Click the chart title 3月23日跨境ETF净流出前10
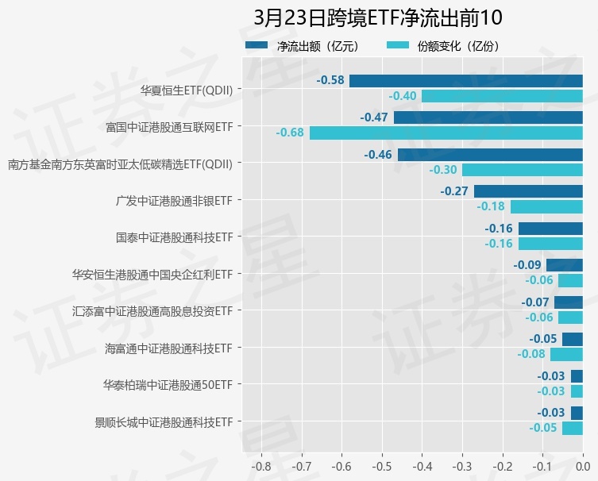[x=378, y=17]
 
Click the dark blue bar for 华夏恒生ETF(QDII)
[x=466, y=80]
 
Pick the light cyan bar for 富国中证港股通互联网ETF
[x=446, y=133]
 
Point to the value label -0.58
[x=330, y=80]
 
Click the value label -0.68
[x=290, y=133]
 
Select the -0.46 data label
[x=378, y=154]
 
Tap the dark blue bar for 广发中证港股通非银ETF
[x=528, y=191]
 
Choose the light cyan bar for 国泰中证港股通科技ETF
[x=550, y=244]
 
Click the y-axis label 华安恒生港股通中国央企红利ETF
[x=152, y=274]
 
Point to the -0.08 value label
[x=531, y=354]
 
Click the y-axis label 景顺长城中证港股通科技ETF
[x=163, y=421]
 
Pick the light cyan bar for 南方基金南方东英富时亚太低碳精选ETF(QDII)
[x=523, y=170]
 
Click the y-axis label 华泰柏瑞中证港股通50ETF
[x=168, y=385]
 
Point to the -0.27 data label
[x=454, y=191]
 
